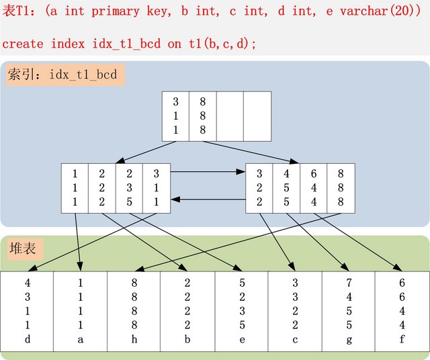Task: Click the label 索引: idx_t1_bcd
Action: tap(63, 75)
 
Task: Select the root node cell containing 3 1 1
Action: tap(175, 116)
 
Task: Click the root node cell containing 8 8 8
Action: tap(202, 116)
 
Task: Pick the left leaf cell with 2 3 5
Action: tap(129, 187)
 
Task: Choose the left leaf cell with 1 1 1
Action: tap(75, 187)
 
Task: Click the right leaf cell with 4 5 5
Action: tap(286, 187)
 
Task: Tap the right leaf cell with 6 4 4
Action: tap(314, 187)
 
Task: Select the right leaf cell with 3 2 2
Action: tap(259, 187)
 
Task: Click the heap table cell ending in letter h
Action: tap(134, 311)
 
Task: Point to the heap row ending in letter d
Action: tap(28, 311)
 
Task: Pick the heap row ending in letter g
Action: tap(349, 311)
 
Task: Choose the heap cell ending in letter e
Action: tap(241, 311)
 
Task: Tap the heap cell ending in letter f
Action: tap(402, 311)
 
